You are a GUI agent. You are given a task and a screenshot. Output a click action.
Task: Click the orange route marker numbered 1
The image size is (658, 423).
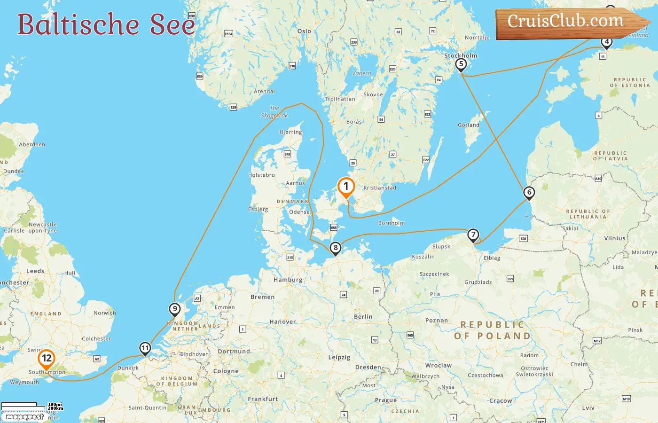(x=346, y=187)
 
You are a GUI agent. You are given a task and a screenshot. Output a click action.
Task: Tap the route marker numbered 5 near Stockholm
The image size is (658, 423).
(x=461, y=64)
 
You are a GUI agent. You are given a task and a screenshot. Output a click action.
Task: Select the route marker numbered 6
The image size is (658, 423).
(x=529, y=192)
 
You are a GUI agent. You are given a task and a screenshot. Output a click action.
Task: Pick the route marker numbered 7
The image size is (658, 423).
(x=473, y=235)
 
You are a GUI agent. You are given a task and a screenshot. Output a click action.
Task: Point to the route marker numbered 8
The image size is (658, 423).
(x=335, y=248)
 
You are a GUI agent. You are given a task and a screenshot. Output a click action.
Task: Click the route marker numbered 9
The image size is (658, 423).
(x=174, y=309)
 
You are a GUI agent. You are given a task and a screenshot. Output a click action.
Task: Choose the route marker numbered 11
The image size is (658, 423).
(x=145, y=348)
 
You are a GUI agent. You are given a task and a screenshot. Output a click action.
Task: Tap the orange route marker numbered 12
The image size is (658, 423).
(x=46, y=359)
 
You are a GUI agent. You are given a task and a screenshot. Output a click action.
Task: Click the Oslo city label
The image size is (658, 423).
(x=304, y=31)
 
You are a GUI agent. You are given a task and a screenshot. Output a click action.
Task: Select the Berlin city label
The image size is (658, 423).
(x=363, y=317)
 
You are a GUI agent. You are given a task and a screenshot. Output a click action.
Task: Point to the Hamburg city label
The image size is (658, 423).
(x=288, y=280)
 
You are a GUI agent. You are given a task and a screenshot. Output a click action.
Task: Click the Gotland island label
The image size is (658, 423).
(x=469, y=125)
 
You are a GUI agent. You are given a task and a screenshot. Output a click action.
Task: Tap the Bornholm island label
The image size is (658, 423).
(x=391, y=223)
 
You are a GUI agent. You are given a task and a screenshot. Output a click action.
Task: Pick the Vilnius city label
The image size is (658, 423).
(x=615, y=238)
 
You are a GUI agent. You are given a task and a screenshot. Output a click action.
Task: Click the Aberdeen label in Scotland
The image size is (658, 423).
(x=32, y=145)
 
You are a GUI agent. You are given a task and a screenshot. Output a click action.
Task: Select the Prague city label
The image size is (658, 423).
(x=386, y=400)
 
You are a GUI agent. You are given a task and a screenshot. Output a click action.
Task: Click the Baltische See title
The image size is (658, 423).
(x=106, y=24)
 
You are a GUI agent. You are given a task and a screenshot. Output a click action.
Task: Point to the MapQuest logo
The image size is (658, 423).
(x=24, y=416)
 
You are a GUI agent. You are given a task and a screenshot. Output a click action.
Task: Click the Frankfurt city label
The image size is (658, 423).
(x=263, y=399)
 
